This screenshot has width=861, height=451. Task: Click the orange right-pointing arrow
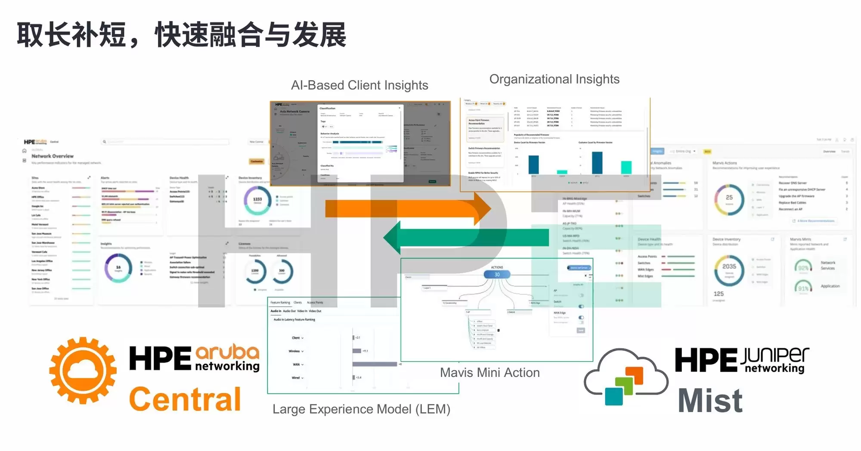click(x=409, y=208)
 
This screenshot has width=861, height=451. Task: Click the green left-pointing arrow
click(x=465, y=237)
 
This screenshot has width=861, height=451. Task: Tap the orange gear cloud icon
click(x=83, y=370)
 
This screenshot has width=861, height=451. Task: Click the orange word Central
click(x=185, y=399)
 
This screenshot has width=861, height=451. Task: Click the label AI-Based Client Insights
click(x=359, y=85)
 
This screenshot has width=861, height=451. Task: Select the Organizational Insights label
click(x=554, y=79)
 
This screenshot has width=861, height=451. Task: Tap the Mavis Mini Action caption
click(x=489, y=373)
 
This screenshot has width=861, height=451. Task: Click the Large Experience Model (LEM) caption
click(x=361, y=409)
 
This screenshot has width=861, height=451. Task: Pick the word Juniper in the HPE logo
click(x=774, y=355)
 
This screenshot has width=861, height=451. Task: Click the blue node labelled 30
click(x=497, y=274)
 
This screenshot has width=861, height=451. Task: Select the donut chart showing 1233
click(x=257, y=200)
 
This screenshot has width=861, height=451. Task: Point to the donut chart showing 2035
click(x=729, y=270)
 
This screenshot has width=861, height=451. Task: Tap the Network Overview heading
click(x=53, y=156)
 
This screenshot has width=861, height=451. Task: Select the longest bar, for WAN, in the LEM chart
click(x=375, y=364)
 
